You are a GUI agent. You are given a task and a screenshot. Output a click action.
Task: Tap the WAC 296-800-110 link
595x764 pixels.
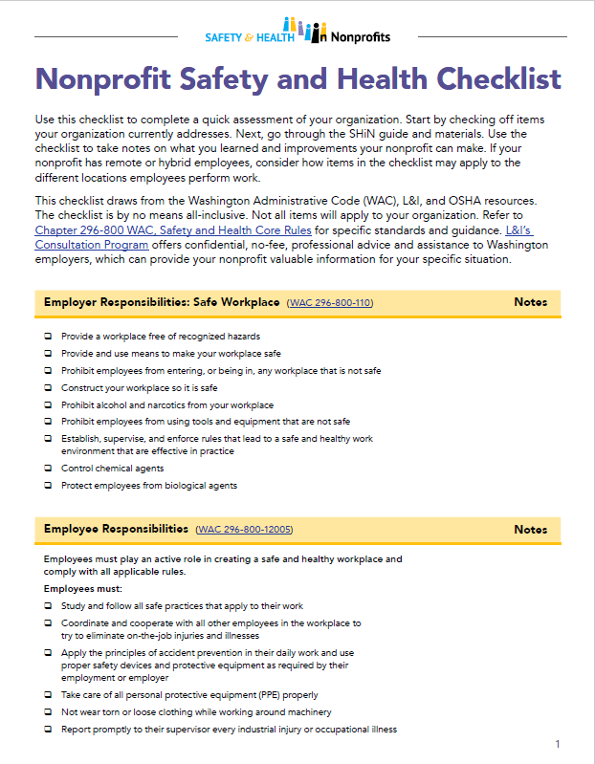pyautogui.click(x=330, y=303)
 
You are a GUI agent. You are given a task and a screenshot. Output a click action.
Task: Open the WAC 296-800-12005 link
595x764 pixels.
pyautogui.click(x=244, y=530)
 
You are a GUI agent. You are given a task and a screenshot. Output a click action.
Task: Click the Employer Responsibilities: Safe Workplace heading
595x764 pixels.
pyautogui.click(x=162, y=302)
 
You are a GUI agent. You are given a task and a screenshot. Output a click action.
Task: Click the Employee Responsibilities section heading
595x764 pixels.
pyautogui.click(x=116, y=529)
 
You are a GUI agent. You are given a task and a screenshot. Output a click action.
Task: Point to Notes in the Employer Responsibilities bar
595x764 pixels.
pyautogui.click(x=530, y=302)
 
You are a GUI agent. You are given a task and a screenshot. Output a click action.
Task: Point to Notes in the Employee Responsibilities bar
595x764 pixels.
pyautogui.click(x=530, y=529)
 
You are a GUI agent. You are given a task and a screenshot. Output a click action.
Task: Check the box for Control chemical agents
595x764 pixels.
pyautogui.click(x=48, y=469)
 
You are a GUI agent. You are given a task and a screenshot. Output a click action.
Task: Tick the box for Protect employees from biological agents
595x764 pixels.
pyautogui.click(x=48, y=486)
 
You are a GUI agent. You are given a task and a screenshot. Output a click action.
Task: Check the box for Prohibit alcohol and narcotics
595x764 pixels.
pyautogui.click(x=48, y=405)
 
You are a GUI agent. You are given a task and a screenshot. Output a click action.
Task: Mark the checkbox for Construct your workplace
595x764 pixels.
pyautogui.click(x=48, y=388)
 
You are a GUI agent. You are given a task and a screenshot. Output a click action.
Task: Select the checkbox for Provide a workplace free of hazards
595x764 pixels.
pyautogui.click(x=48, y=337)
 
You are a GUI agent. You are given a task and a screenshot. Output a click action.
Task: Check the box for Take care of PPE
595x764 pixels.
pyautogui.click(x=48, y=695)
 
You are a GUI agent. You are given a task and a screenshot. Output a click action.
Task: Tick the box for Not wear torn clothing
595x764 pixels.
pyautogui.click(x=48, y=712)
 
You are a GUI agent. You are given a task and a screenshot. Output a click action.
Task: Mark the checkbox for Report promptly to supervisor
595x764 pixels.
pyautogui.click(x=48, y=730)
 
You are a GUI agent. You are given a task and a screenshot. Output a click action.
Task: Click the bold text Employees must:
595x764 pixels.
pyautogui.click(x=77, y=588)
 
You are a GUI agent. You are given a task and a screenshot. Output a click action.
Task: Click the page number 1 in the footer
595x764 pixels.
pyautogui.click(x=557, y=743)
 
